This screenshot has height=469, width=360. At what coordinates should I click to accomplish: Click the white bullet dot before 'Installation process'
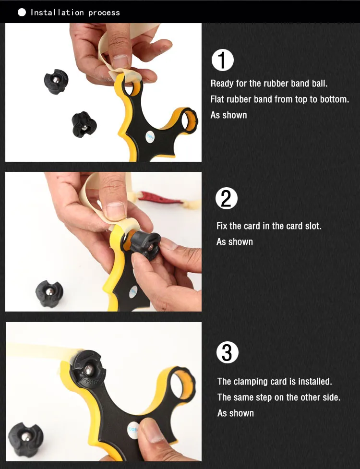pos(22,12)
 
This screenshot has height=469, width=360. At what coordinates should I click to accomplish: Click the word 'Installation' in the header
pos(57,12)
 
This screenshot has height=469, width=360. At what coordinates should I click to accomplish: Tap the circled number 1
pos(222,60)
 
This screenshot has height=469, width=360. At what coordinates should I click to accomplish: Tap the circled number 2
pos(227,198)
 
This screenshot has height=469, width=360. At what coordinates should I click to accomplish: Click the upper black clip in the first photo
pos(56,82)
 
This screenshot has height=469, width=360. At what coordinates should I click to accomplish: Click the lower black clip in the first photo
pos(84,124)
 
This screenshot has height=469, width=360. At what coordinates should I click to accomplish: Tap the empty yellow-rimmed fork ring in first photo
pos(189,120)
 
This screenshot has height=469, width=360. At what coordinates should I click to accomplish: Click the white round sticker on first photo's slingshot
pos(150,137)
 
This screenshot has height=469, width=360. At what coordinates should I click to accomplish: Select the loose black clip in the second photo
pos(49,293)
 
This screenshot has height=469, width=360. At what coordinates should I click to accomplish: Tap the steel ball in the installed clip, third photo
pos(89,370)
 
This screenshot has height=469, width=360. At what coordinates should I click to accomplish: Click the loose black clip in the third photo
pos(26,439)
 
